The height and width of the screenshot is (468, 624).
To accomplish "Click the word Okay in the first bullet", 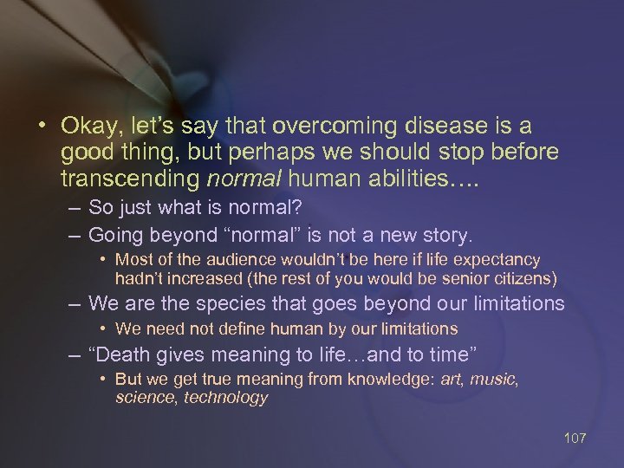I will click(87, 126).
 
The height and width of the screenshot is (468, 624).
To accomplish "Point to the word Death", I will click(125, 354).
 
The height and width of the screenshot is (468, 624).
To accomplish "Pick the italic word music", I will click(501, 380).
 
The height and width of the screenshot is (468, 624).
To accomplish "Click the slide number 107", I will click(575, 438).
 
